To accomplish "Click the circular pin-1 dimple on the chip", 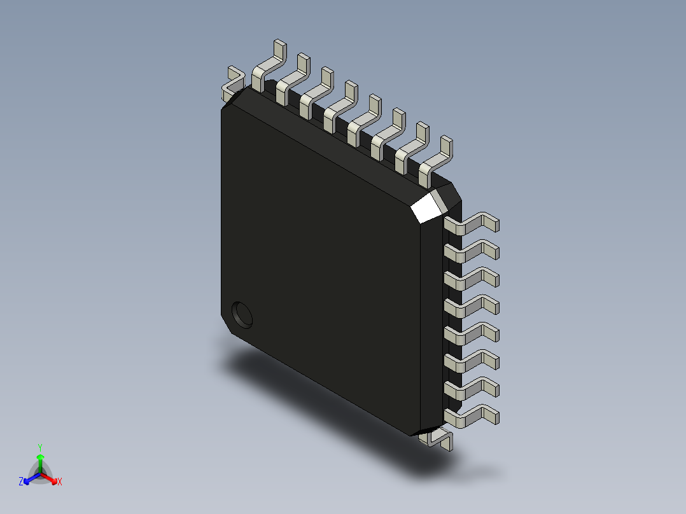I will click(x=242, y=314).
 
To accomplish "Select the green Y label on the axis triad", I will click(x=40, y=447).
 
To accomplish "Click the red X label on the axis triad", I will click(x=60, y=482).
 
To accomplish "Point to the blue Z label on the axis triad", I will click(x=21, y=482).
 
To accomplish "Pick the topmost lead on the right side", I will click(x=473, y=224).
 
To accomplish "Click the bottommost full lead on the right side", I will click(x=473, y=416).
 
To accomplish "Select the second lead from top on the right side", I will click(x=473, y=251).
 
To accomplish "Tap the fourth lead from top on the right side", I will click(x=473, y=306).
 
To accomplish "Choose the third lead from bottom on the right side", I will click(x=473, y=361).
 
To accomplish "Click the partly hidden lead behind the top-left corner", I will click(x=232, y=83).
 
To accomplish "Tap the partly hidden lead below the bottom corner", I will click(x=438, y=438).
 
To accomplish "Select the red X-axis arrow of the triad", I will click(x=51, y=478).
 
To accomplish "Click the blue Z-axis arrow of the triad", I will click(x=29, y=478).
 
